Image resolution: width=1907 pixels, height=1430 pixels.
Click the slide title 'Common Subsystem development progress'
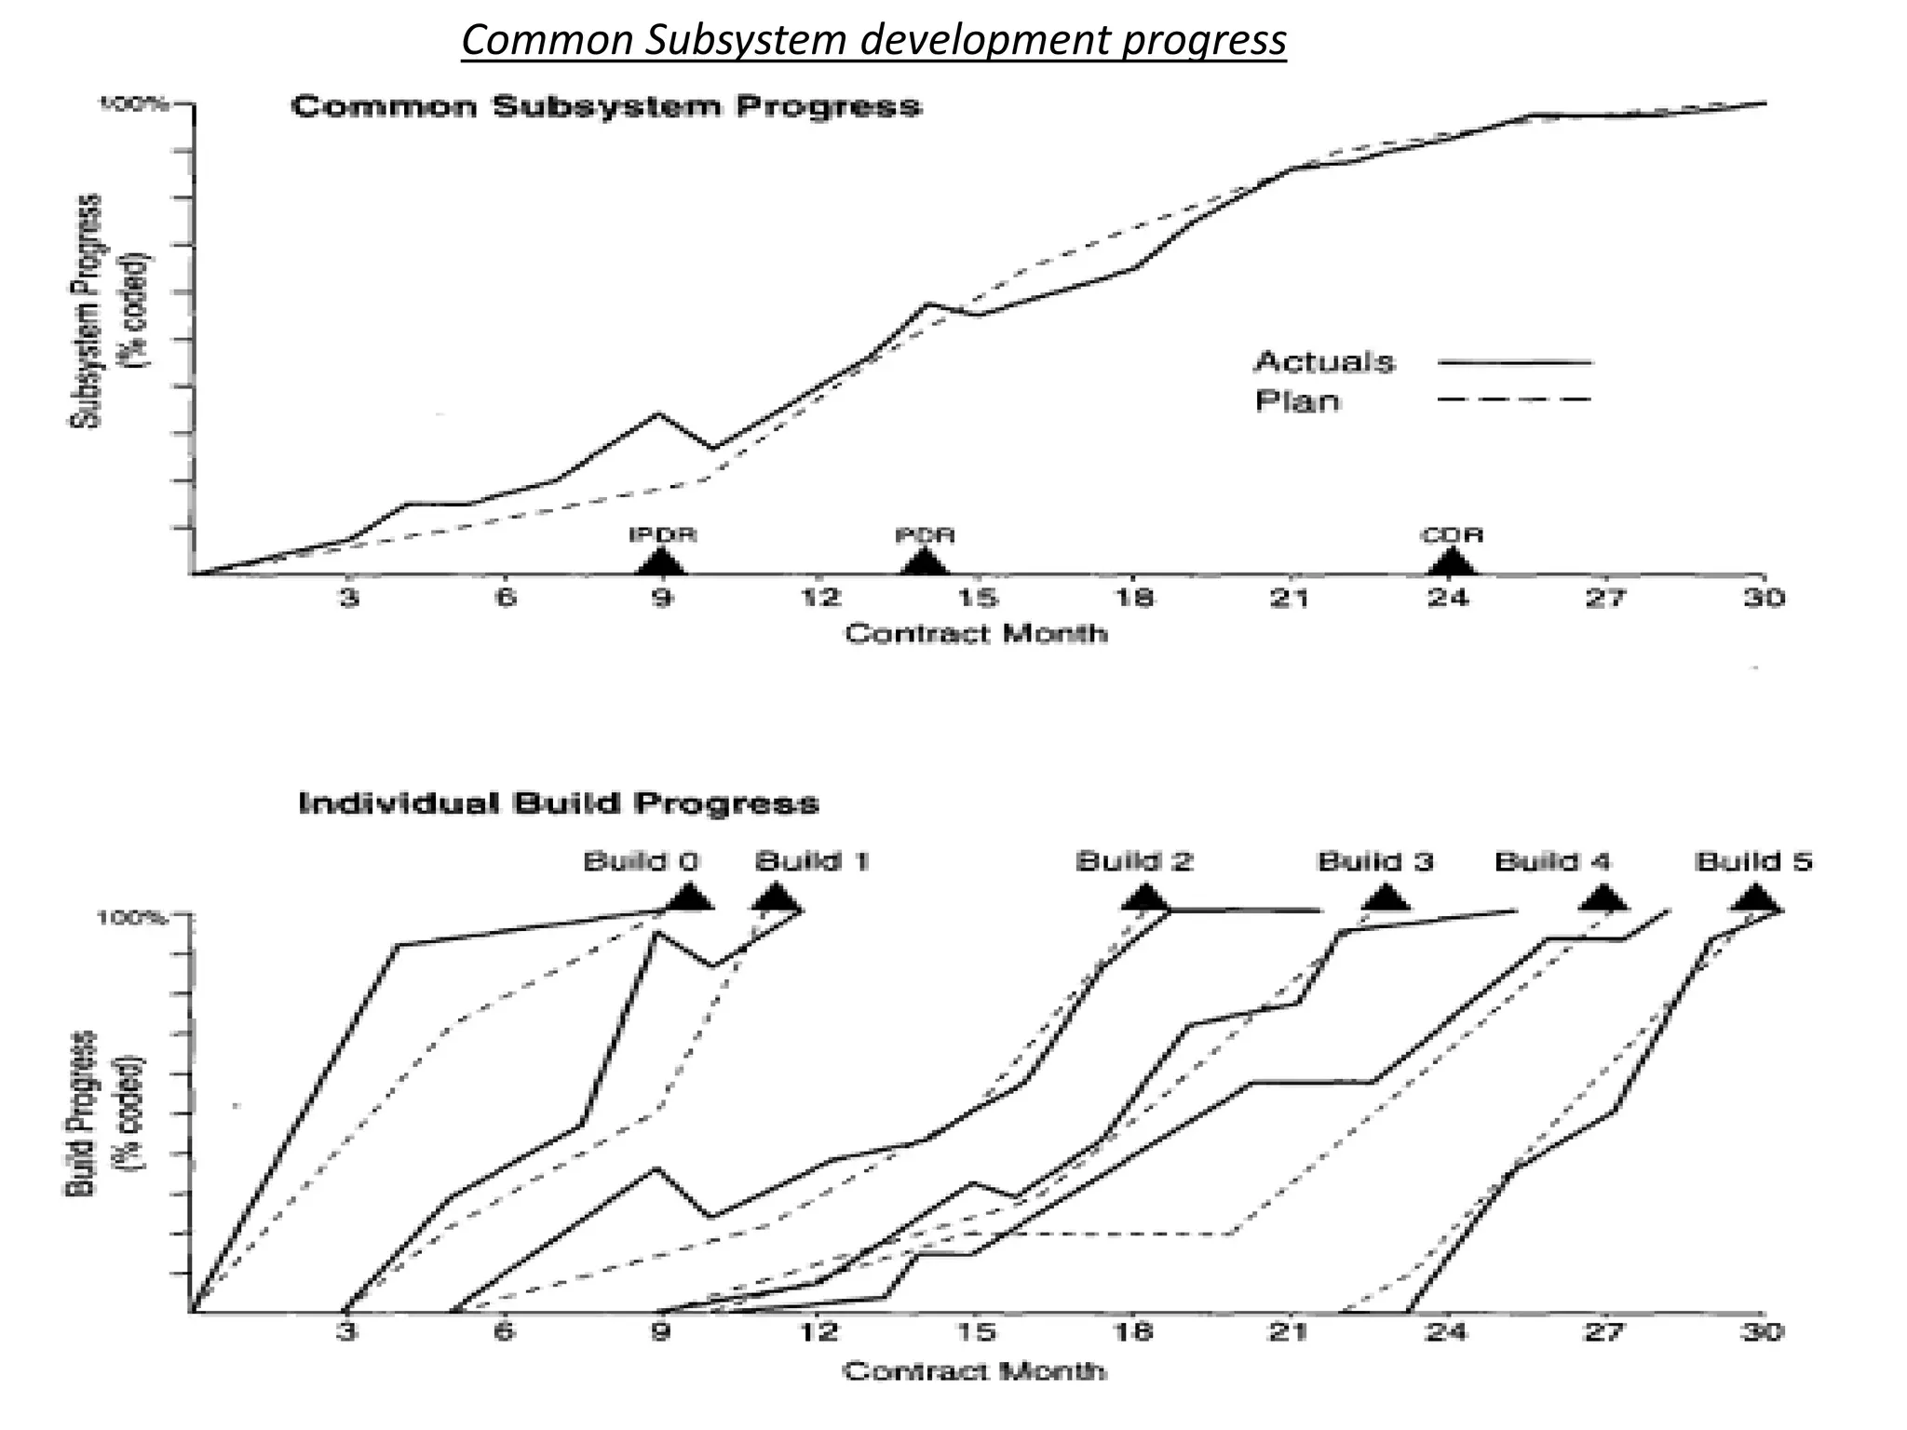(873, 41)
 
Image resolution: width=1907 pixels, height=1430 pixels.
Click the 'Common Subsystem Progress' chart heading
(606, 107)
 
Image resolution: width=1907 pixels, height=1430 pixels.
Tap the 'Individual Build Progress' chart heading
(559, 803)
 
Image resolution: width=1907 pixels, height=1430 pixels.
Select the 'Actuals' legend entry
(1324, 362)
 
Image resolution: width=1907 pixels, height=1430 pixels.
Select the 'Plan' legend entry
(1297, 401)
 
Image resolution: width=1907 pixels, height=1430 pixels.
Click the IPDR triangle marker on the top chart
(661, 563)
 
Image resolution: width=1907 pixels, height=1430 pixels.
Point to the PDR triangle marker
(924, 563)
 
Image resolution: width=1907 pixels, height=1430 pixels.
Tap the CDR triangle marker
(1451, 563)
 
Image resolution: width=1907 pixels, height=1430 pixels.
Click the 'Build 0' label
(641, 862)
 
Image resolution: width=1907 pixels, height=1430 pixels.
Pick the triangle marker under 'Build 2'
(1146, 899)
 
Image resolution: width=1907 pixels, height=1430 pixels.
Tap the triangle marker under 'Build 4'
(1603, 899)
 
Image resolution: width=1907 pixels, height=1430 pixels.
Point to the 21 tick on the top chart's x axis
(1291, 599)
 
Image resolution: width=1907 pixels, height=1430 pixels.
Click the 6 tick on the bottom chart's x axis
(503, 1332)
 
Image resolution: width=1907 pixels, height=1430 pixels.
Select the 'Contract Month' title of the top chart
(976, 635)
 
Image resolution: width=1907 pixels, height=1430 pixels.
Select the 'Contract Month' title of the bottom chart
(974, 1371)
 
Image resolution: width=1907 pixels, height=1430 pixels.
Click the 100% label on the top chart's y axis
(134, 104)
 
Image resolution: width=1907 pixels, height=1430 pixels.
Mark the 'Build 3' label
(1374, 862)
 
